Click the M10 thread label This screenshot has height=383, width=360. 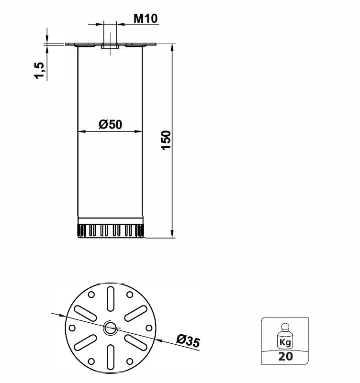point(146,19)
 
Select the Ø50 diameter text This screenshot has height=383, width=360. point(111,125)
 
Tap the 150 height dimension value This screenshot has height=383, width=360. point(166,140)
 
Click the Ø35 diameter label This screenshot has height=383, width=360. point(188,341)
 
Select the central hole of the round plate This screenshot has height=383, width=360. point(111,328)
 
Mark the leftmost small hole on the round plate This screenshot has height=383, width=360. point(72,328)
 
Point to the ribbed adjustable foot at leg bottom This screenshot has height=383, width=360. point(111,231)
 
